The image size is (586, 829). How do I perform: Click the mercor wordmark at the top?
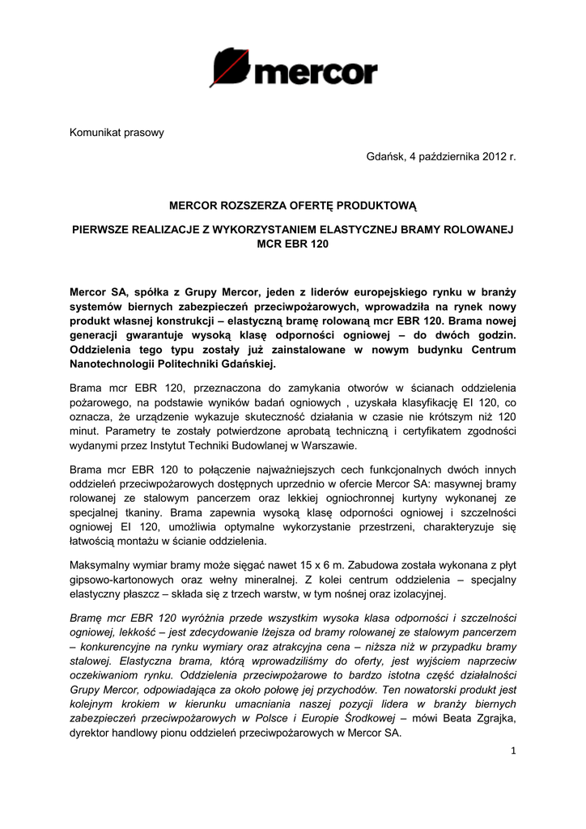click(x=316, y=74)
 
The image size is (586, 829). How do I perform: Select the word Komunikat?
click(x=95, y=133)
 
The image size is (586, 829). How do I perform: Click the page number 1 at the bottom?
click(x=512, y=750)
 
